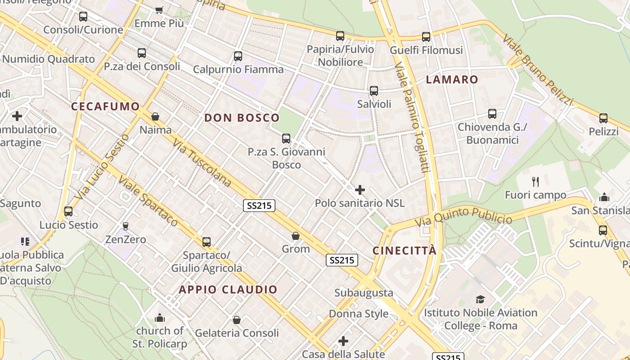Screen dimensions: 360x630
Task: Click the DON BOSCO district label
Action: point(242,118)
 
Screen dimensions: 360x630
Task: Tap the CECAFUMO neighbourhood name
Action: point(106,107)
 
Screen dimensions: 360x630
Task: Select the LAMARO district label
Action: point(452,80)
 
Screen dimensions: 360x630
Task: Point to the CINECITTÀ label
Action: point(405,251)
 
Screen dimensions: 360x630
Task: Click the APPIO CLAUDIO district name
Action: point(228,289)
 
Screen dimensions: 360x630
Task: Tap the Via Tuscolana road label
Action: point(202,163)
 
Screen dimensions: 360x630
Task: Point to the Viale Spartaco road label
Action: point(148,201)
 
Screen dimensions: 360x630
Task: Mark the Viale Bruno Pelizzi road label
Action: point(537,70)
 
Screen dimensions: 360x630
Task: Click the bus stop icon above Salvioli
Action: point(374,91)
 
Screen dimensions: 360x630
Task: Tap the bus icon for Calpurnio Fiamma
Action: point(238,56)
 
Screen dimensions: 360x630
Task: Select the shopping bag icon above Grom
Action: point(296,236)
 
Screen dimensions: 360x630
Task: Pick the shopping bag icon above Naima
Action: point(155,117)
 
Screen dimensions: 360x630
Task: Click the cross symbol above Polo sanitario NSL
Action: point(360,190)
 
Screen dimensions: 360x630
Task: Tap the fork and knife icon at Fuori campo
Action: point(535,182)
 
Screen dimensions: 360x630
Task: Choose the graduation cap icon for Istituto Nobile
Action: point(480,299)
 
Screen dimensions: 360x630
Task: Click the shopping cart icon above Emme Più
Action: point(159,10)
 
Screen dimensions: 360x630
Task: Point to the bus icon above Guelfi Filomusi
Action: point(426,37)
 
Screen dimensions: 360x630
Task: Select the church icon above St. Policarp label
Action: point(159,318)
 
